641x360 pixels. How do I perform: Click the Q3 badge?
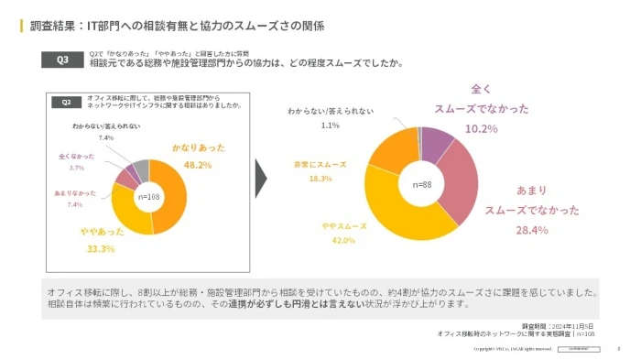pyautogui.click(x=62, y=60)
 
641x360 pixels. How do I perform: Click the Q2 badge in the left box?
pyautogui.click(x=66, y=102)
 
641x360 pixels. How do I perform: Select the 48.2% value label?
pyautogui.click(x=198, y=166)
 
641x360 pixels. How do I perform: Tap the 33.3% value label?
pyautogui.click(x=101, y=248)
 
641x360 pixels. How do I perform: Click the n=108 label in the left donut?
pyautogui.click(x=147, y=196)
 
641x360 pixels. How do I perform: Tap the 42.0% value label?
pyautogui.click(x=343, y=240)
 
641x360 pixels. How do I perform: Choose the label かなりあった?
pyautogui.click(x=198, y=147)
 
